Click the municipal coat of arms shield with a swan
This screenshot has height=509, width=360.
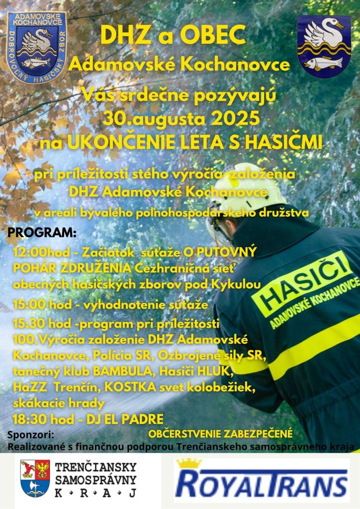(323, 46)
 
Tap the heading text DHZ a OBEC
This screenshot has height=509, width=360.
(173, 35)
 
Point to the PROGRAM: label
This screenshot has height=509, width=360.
(42, 233)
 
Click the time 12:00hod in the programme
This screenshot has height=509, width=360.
(39, 252)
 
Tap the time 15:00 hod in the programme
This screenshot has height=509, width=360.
(42, 304)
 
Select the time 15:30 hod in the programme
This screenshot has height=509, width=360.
(42, 324)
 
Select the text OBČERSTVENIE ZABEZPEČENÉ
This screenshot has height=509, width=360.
(220, 433)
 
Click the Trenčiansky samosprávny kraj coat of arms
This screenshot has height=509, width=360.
(35, 478)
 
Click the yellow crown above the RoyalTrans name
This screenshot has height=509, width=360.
(189, 463)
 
